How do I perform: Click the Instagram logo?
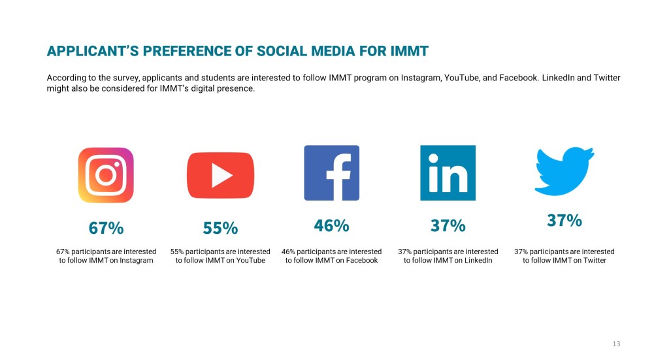click(106, 175)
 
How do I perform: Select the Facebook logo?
click(331, 172)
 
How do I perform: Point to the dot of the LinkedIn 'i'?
click(434, 159)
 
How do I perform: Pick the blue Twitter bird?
click(564, 171)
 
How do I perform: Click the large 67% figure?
click(106, 228)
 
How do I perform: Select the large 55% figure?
click(220, 228)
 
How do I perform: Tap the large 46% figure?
click(331, 225)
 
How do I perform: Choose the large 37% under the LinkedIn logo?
click(448, 225)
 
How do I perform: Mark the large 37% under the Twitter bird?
click(564, 221)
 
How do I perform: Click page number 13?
click(616, 344)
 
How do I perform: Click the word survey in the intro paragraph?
click(126, 78)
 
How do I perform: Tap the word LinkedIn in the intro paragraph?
click(558, 78)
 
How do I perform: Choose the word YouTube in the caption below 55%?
click(250, 260)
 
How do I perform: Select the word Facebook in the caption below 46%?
click(361, 260)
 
